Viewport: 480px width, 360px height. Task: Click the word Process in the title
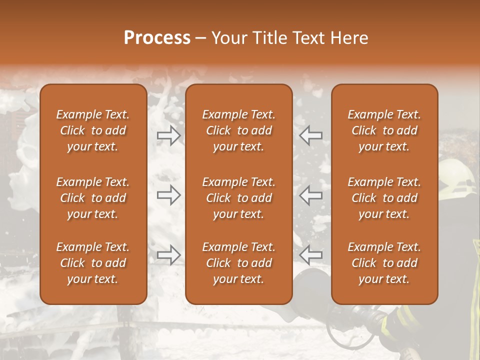pyautogui.click(x=157, y=38)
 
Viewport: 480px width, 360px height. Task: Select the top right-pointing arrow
pyautogui.click(x=169, y=135)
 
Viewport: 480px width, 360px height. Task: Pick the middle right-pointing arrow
pyautogui.click(x=169, y=195)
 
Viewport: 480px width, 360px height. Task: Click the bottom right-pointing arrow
pyautogui.click(x=169, y=255)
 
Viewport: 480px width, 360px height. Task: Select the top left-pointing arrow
pyautogui.click(x=310, y=135)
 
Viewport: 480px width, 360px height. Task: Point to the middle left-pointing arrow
pyautogui.click(x=310, y=195)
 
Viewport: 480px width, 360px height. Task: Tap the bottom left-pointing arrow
pyautogui.click(x=310, y=255)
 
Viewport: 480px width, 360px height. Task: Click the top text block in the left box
pyautogui.click(x=93, y=130)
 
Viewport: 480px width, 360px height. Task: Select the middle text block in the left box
pyautogui.click(x=93, y=198)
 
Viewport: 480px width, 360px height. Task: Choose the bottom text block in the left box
pyautogui.click(x=93, y=263)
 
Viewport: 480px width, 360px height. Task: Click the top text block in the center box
pyautogui.click(x=238, y=130)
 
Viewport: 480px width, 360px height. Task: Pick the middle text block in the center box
pyautogui.click(x=238, y=198)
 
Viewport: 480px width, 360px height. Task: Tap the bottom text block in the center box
pyautogui.click(x=238, y=263)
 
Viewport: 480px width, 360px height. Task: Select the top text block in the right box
pyautogui.click(x=384, y=130)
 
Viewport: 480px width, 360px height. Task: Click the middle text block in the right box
pyautogui.click(x=384, y=198)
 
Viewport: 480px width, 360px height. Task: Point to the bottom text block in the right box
pyautogui.click(x=384, y=263)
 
